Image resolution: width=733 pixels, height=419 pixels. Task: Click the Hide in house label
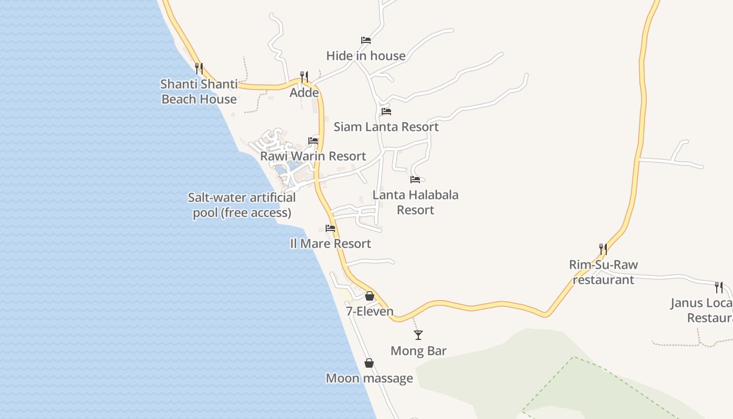click(x=365, y=56)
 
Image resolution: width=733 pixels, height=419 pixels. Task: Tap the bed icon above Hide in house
click(x=365, y=40)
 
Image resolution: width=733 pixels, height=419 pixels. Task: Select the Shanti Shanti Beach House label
click(x=199, y=92)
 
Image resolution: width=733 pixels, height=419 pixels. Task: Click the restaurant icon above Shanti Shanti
click(x=198, y=68)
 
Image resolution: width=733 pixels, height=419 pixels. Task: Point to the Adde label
click(x=304, y=93)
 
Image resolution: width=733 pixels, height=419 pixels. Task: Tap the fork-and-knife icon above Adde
click(x=304, y=77)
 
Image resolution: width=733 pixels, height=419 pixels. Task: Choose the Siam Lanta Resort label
click(x=386, y=127)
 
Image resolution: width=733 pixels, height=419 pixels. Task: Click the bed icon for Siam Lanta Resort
click(x=386, y=112)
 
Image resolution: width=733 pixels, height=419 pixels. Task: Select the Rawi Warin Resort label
click(x=313, y=156)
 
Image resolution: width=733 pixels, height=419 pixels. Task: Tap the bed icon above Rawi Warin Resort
click(x=313, y=141)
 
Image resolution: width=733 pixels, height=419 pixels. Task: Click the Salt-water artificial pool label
click(x=242, y=205)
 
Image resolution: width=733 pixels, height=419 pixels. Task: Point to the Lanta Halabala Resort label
click(x=415, y=202)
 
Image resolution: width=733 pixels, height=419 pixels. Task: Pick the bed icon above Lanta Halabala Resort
click(x=415, y=180)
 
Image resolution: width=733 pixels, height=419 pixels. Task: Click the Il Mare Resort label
click(x=330, y=244)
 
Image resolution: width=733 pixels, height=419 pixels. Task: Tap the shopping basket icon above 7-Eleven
click(x=370, y=296)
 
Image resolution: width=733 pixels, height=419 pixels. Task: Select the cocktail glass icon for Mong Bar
click(x=418, y=335)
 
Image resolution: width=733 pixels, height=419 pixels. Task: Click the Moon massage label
click(x=369, y=378)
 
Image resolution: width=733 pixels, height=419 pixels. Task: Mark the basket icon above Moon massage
click(x=369, y=363)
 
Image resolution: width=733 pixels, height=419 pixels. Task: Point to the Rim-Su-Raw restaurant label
click(x=603, y=272)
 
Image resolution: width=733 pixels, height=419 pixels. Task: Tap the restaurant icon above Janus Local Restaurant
click(x=719, y=287)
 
